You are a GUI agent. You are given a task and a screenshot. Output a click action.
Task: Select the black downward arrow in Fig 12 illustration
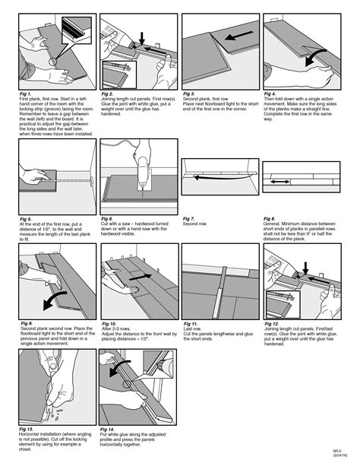(x=304, y=265)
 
